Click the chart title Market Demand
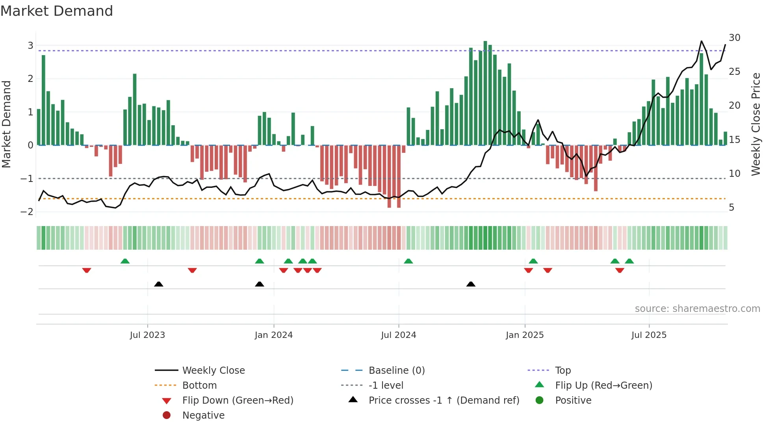click(x=57, y=11)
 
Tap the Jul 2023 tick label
click(x=147, y=335)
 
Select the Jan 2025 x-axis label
click(x=525, y=335)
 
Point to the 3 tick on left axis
click(x=30, y=46)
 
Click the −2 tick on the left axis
click(x=27, y=212)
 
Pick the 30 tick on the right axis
click(x=735, y=38)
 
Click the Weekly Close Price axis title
click(x=755, y=124)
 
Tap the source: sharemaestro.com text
click(x=697, y=309)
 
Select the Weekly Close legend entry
click(x=213, y=371)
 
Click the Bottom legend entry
click(x=199, y=386)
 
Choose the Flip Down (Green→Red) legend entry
click(x=238, y=401)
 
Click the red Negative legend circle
click(x=167, y=415)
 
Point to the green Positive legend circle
click(x=540, y=401)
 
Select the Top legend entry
click(x=562, y=371)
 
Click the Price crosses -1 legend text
click(x=444, y=401)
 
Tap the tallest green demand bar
click(x=485, y=93)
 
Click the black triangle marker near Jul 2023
click(x=159, y=284)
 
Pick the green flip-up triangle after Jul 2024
click(x=408, y=261)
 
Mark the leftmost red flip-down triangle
click(x=87, y=271)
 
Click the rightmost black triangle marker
click(x=471, y=284)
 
